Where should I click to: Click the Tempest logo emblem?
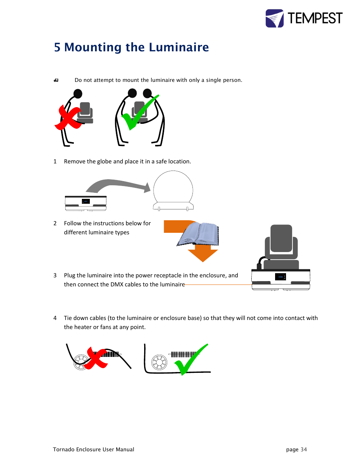point(274,18)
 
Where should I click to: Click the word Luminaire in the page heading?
point(178,47)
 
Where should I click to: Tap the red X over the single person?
point(68,118)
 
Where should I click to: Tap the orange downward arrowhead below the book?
point(203,255)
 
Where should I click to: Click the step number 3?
point(55,275)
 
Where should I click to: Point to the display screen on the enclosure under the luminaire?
point(280,277)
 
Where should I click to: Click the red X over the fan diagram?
point(97,358)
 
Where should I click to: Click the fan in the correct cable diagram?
point(159,362)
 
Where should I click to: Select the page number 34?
point(304,449)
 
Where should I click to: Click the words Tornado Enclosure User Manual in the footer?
point(94,449)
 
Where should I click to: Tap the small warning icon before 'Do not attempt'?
point(56,80)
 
